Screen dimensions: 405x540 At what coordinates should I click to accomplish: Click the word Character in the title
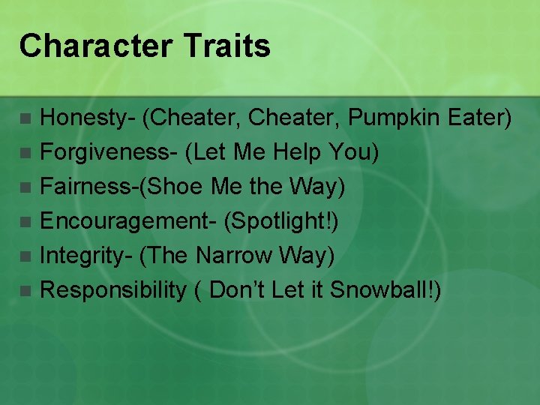click(x=85, y=46)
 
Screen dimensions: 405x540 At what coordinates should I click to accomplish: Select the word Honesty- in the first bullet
click(x=87, y=118)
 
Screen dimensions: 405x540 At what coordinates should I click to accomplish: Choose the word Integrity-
click(x=86, y=256)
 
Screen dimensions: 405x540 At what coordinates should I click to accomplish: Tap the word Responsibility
click(x=112, y=290)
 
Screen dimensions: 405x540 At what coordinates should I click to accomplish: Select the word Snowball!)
click(x=385, y=290)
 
